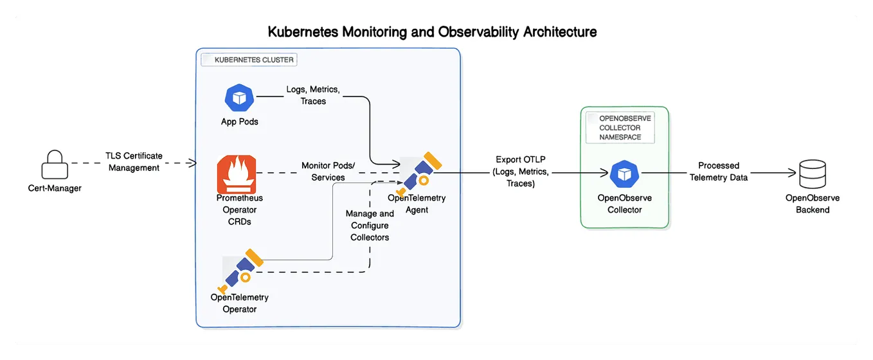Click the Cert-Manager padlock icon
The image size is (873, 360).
(x=55, y=165)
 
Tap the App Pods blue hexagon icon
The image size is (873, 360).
(x=239, y=98)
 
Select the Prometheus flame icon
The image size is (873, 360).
(x=236, y=174)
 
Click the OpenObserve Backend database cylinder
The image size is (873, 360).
(x=812, y=174)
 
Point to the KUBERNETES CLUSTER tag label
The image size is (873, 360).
(x=249, y=60)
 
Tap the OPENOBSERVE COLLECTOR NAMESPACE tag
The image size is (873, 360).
(x=620, y=128)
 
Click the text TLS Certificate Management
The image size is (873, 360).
(x=134, y=162)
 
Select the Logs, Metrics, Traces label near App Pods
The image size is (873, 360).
(x=313, y=95)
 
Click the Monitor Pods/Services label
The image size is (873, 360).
(x=328, y=172)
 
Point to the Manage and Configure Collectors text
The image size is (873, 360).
(x=370, y=225)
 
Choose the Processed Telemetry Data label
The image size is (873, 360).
(x=719, y=171)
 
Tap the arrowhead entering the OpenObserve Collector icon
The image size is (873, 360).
(x=604, y=173)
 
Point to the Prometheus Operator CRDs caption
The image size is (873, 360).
(x=239, y=210)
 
